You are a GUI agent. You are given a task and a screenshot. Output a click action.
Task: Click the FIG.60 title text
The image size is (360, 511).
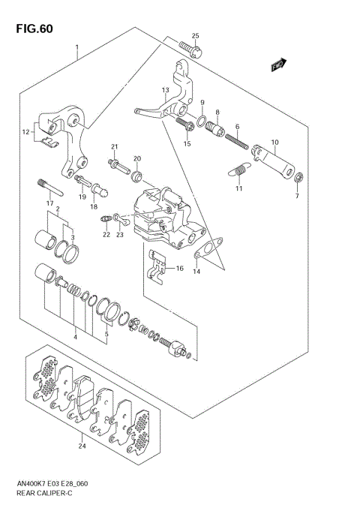[x=34, y=29]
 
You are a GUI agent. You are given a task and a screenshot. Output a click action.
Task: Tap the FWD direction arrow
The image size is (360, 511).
[x=278, y=65]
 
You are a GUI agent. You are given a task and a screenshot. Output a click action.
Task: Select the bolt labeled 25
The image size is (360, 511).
[x=190, y=50]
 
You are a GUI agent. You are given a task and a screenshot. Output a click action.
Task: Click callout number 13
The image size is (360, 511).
[x=166, y=89]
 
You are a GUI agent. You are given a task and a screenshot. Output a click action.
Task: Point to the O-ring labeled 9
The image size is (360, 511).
[x=201, y=122]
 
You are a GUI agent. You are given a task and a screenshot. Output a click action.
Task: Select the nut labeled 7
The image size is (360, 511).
[x=298, y=178]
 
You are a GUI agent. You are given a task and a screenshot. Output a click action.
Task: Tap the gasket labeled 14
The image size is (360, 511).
[x=208, y=248]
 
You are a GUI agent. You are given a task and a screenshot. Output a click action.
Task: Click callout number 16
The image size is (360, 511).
[x=179, y=269]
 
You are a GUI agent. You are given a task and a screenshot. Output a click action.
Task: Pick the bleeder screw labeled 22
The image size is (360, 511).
[x=105, y=218]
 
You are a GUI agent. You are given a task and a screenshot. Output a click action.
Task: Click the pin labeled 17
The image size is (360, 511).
[x=50, y=188]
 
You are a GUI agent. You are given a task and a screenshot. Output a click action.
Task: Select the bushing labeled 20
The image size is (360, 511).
[x=136, y=177]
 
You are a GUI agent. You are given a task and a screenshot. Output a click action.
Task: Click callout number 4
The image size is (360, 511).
[x=75, y=337]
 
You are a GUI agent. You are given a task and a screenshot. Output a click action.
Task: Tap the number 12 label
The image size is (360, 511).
[x=26, y=132]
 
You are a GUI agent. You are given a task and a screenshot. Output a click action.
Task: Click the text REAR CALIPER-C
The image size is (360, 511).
[x=44, y=493]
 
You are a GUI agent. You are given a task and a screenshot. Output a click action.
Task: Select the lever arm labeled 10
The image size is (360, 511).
[x=273, y=162]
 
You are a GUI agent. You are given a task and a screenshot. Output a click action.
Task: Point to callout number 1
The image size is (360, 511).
[x=77, y=47]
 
